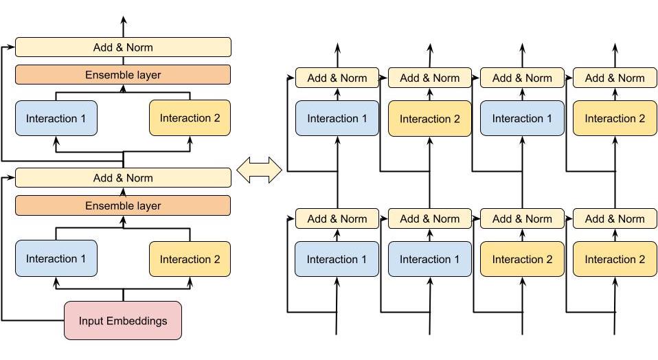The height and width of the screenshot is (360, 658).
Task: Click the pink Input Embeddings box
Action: point(123,320)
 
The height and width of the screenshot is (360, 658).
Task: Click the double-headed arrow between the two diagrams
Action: point(259,170)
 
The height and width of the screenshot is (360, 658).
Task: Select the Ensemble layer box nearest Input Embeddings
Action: point(123,205)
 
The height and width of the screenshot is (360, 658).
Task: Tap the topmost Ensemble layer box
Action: point(123,75)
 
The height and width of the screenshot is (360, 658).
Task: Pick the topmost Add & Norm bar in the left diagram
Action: point(123,47)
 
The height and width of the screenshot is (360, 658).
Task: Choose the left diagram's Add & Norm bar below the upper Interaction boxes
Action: point(123,178)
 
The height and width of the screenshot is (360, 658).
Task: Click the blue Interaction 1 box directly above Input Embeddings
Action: point(56,258)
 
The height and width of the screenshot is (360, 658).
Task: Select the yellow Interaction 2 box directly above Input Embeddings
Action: point(190,258)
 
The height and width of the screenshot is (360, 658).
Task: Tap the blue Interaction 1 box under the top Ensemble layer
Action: point(56,118)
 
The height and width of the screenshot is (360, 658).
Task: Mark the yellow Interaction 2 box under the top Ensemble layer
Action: point(190,118)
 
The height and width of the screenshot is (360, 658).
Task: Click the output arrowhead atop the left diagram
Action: point(124,19)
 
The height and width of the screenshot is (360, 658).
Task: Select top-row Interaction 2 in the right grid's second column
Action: point(429,118)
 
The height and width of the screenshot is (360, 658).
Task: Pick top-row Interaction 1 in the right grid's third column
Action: point(521,118)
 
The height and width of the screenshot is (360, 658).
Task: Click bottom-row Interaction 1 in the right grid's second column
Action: point(429,259)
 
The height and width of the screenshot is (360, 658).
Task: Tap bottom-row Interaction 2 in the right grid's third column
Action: point(521,259)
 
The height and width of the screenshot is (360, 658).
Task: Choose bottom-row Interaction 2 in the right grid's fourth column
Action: point(614,259)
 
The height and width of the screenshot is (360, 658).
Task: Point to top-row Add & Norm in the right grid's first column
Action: point(337,78)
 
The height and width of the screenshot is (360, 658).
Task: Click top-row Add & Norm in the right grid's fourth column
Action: point(614,78)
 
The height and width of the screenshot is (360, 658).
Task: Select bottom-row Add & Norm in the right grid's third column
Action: point(521,218)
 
